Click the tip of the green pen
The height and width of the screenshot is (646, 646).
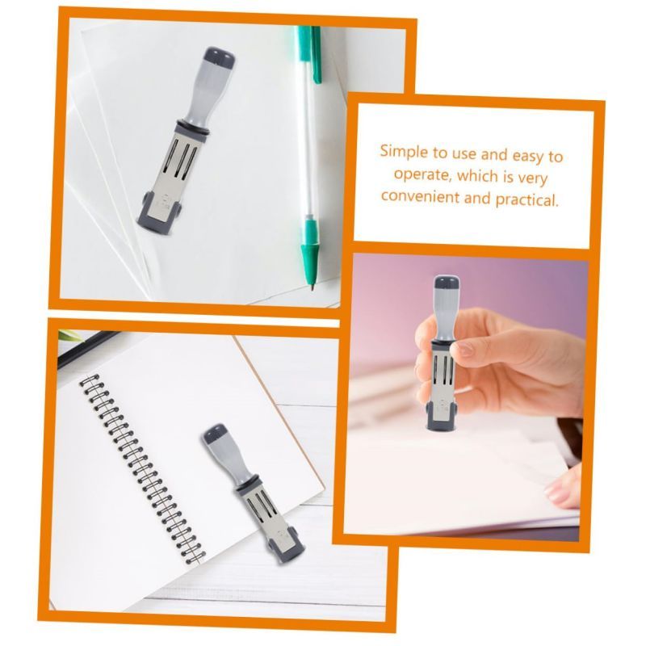point(313,287)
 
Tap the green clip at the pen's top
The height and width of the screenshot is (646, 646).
point(316,54)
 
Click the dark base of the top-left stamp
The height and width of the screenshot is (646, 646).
point(158,214)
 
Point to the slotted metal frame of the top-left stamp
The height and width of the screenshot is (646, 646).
point(176,166)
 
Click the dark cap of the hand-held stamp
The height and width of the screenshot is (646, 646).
point(447,283)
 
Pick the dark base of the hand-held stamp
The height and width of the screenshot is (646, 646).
point(442,417)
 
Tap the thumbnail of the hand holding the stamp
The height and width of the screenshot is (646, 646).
point(464,350)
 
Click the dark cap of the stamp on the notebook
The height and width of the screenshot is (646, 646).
point(215,434)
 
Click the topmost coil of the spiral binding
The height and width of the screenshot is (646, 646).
point(90,380)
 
